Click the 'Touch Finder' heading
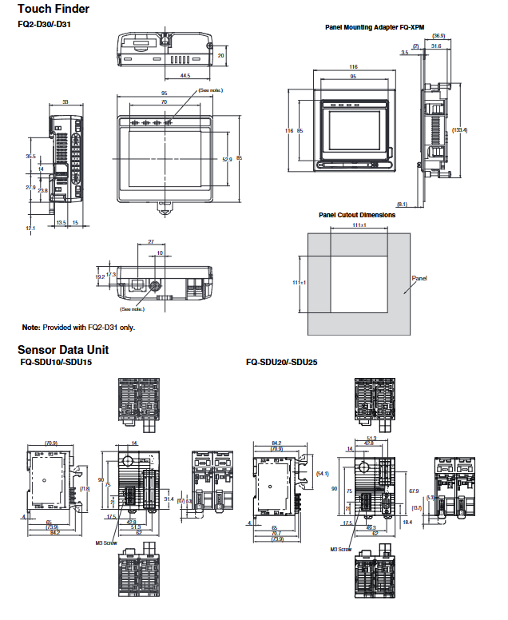[x=54, y=9]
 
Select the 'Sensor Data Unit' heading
[x=63, y=349]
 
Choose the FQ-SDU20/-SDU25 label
[x=282, y=362]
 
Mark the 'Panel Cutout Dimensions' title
[x=357, y=215]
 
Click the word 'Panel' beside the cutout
[x=420, y=279]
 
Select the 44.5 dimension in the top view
[x=185, y=75]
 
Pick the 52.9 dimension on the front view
[x=226, y=158]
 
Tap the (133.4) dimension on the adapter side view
[x=459, y=130]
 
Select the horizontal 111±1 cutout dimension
[x=358, y=226]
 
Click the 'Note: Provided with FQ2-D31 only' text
[x=78, y=328]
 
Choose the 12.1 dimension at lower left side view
[x=30, y=229]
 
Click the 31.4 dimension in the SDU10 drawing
[x=169, y=499]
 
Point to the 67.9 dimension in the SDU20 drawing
[x=413, y=491]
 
